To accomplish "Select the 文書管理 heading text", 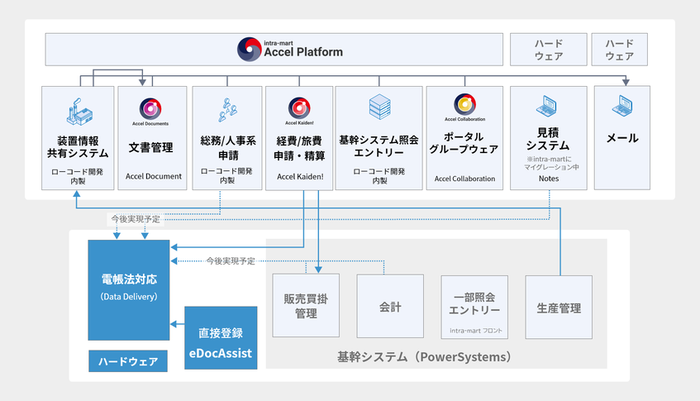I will coord(151,147).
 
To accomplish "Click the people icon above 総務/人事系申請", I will coord(226,108).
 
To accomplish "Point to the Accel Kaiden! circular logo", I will coord(298,106).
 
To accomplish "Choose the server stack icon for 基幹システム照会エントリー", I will coord(379,106).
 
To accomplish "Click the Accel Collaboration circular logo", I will coord(464,103).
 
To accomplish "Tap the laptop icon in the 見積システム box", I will coord(548,106).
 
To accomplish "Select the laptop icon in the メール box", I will coord(622,106).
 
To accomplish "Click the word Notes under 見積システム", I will coord(548,178).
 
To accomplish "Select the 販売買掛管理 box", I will coord(306,307).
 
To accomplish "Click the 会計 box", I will coord(390,307).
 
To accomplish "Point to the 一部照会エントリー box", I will coord(474,304).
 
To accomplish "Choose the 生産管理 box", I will coord(559,308).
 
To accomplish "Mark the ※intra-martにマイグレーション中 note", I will coord(548,163).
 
